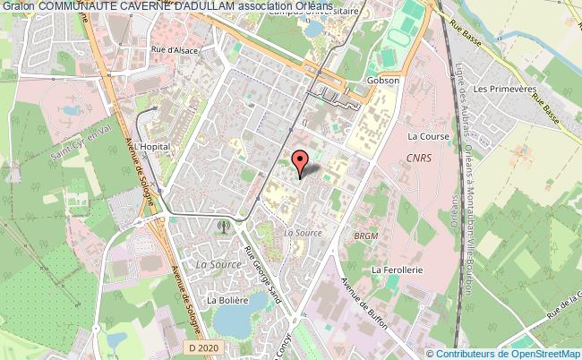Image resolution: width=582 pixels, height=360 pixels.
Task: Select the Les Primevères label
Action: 499,90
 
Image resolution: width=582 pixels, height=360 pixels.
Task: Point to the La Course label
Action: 426,137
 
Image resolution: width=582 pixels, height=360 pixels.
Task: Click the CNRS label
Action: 417,158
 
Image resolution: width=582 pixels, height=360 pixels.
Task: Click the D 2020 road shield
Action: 203,345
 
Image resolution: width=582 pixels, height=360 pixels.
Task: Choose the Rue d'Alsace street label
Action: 175,50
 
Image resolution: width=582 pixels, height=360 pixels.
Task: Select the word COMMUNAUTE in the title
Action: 75,7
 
